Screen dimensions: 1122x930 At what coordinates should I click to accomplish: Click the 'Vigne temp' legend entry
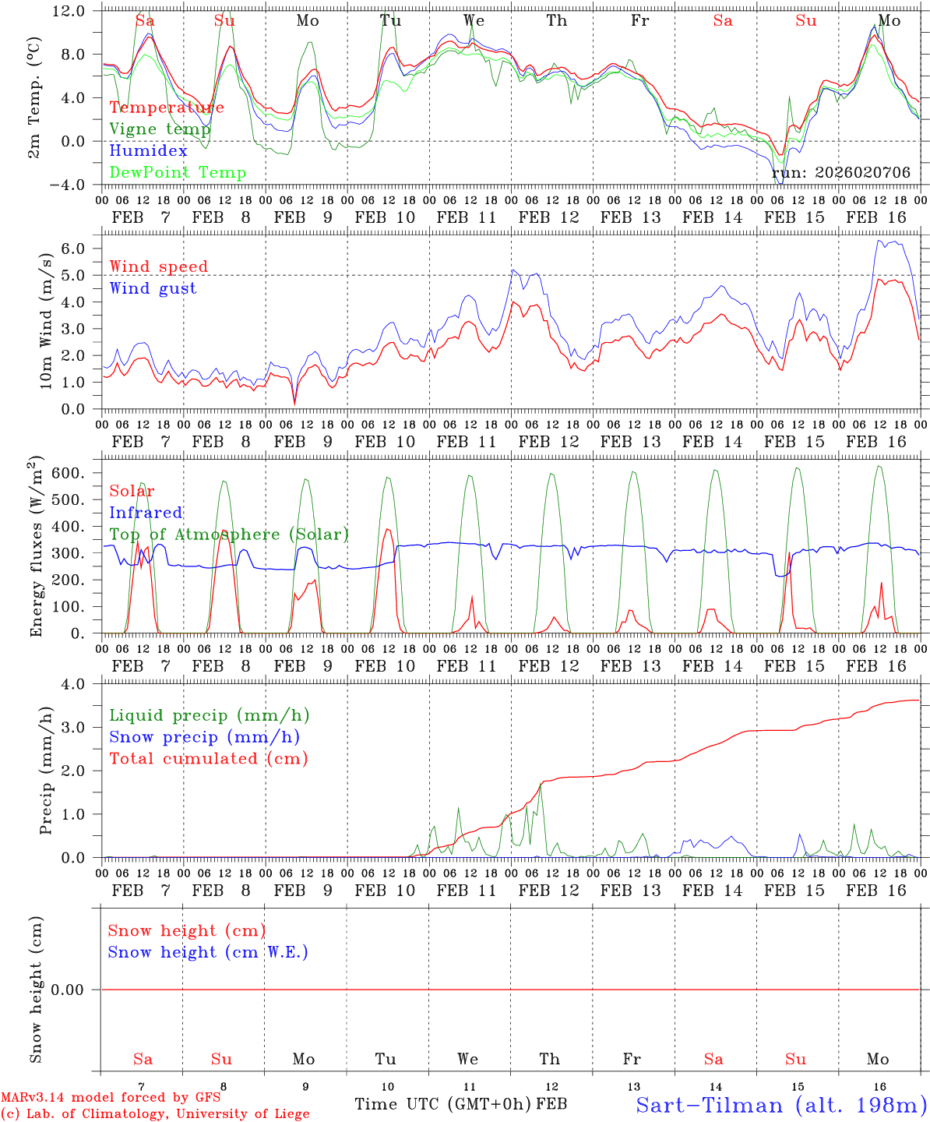pyautogui.click(x=160, y=129)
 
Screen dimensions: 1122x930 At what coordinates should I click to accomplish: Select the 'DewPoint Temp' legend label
pyautogui.click(x=178, y=173)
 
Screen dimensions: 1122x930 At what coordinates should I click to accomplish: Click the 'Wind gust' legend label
pyautogui.click(x=153, y=288)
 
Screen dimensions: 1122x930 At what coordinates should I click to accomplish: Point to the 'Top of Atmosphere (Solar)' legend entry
pyautogui.click(x=229, y=535)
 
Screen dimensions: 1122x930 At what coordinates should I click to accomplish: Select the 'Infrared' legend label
pyautogui.click(x=146, y=513)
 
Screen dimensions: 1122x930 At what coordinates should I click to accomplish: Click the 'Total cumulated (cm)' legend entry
pyautogui.click(x=208, y=758)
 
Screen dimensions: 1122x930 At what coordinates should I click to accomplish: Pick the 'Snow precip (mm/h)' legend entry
pyautogui.click(x=204, y=736)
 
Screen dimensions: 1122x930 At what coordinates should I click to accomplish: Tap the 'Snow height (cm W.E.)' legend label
pyautogui.click(x=208, y=952)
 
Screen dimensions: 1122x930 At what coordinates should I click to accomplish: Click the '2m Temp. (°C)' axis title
pyautogui.click(x=34, y=97)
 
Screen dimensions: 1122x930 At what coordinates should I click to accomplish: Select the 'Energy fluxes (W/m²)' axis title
pyautogui.click(x=36, y=546)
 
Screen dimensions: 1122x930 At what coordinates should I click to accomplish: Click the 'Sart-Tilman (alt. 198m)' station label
pyautogui.click(x=780, y=1105)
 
